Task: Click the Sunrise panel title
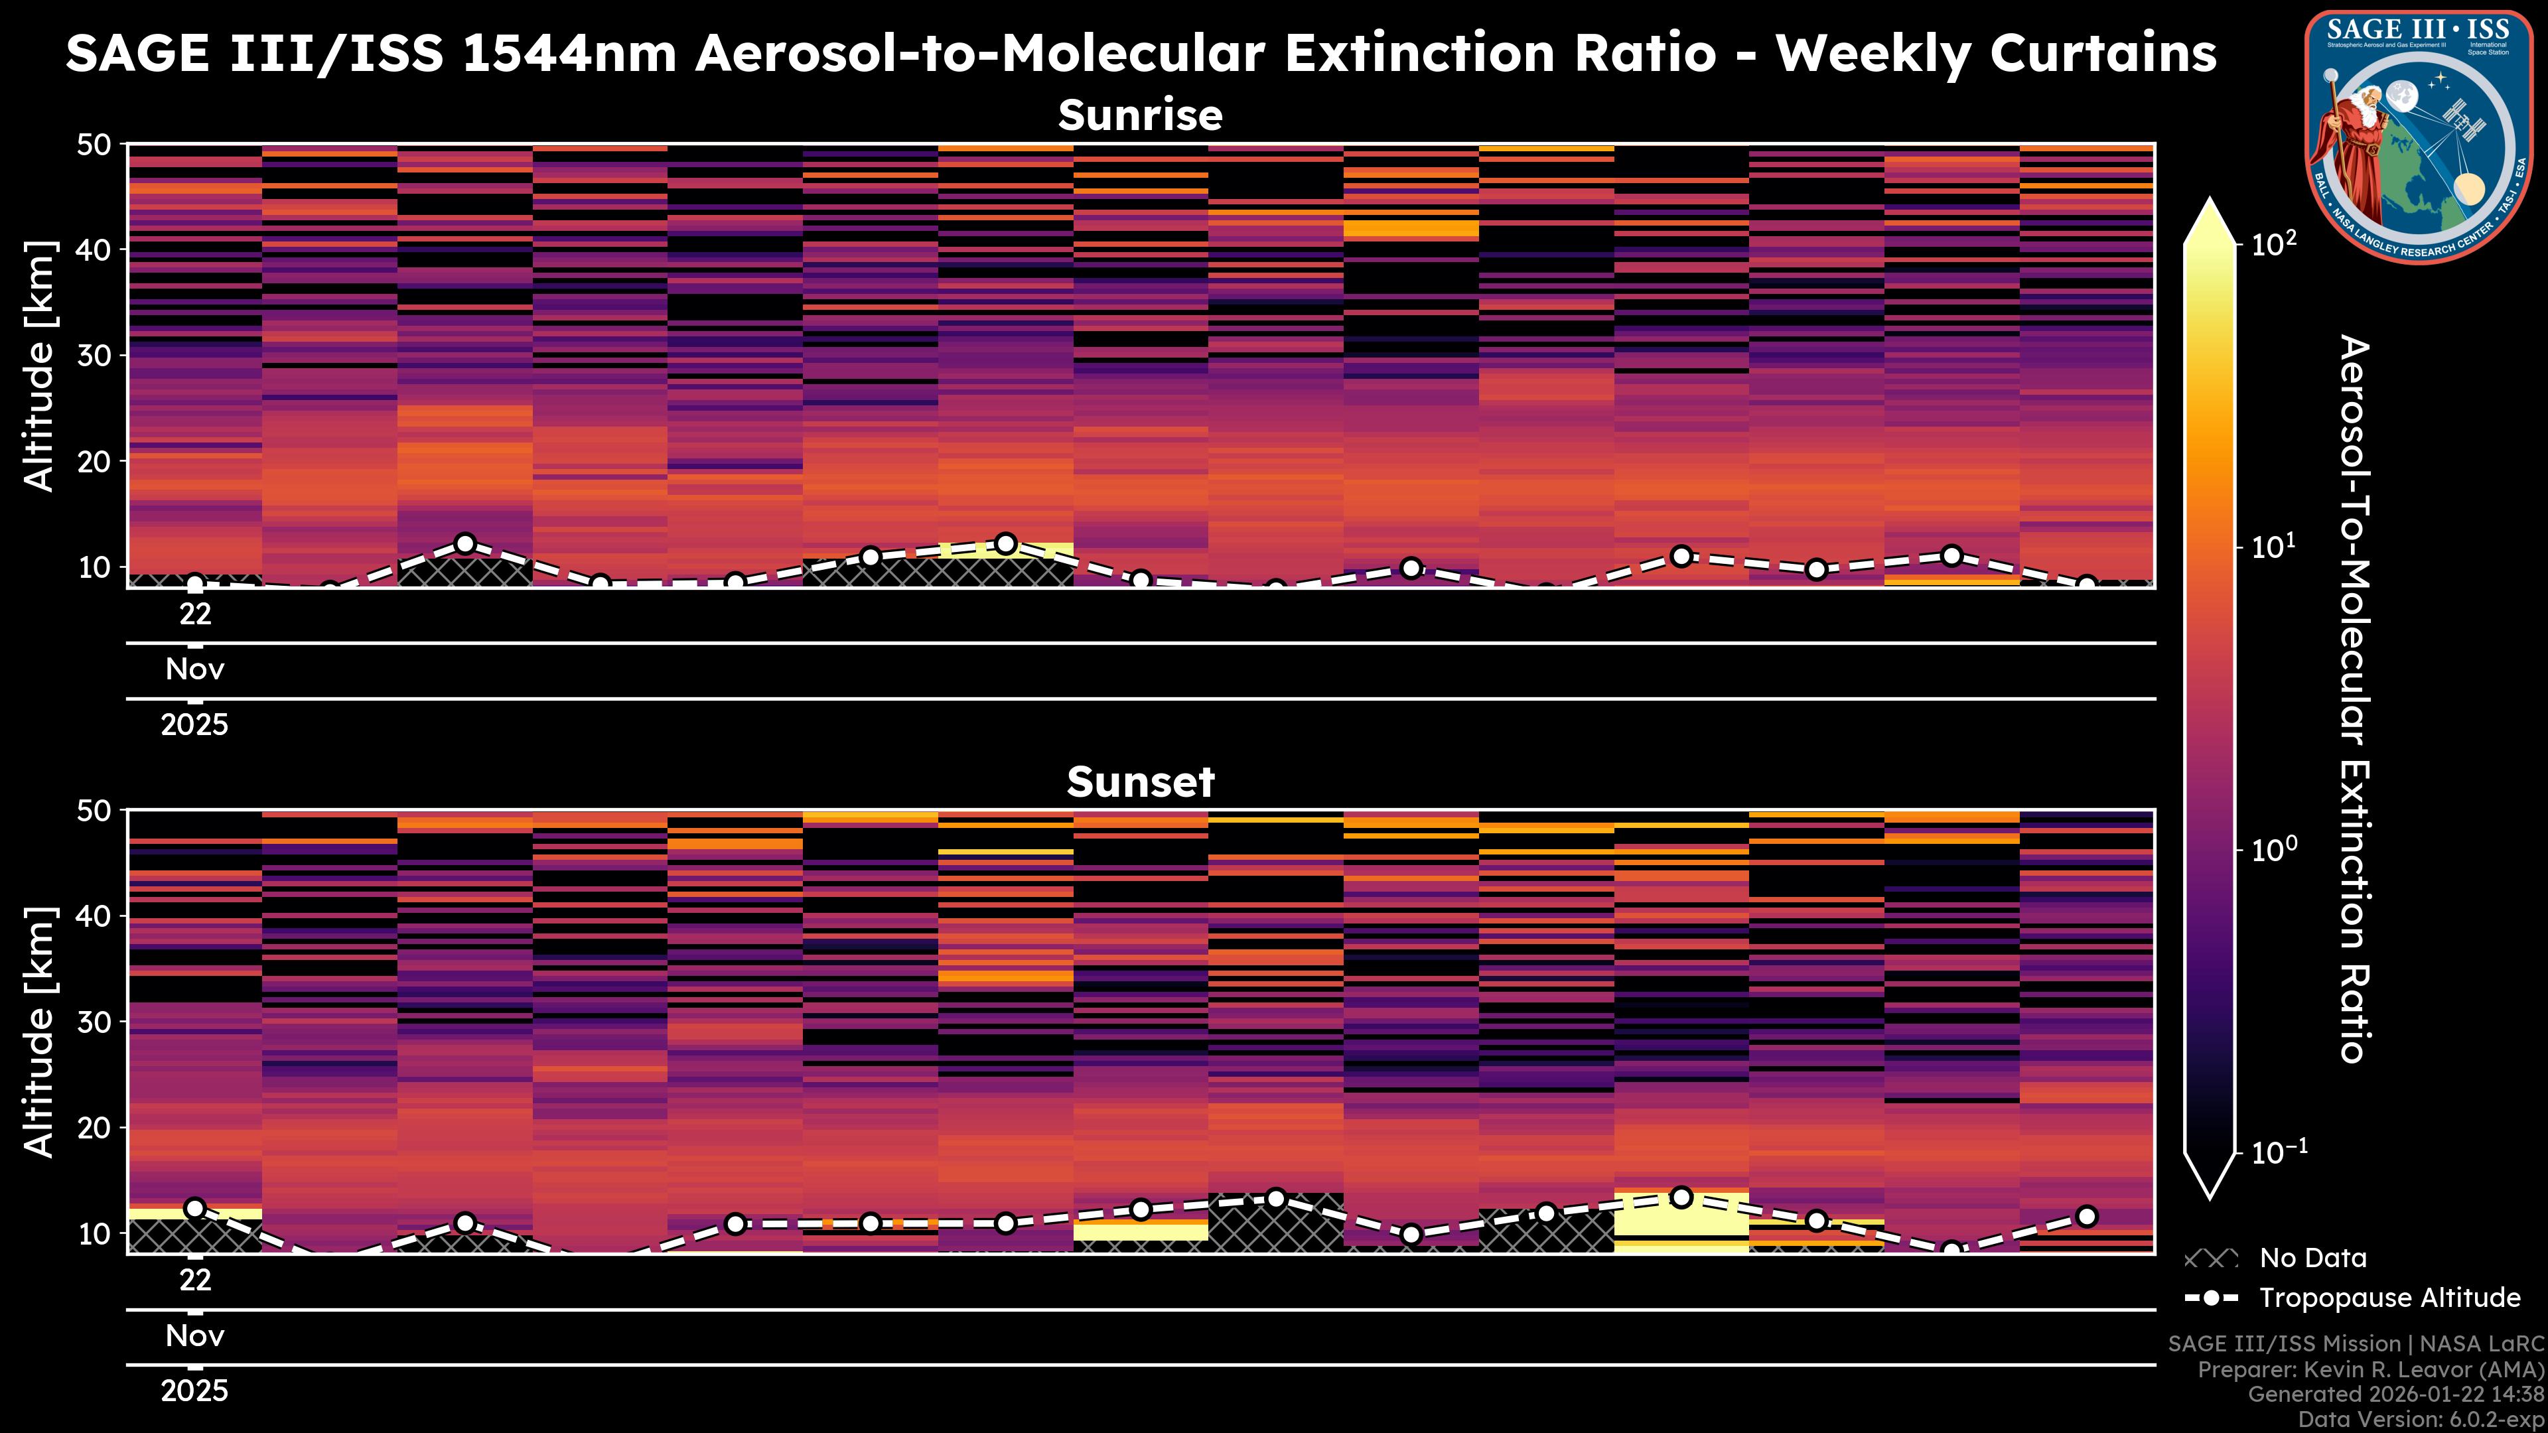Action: click(x=1141, y=115)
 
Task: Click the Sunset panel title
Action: click(x=1141, y=782)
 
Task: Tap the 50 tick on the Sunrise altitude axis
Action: click(x=97, y=145)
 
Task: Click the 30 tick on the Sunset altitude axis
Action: click(x=97, y=1022)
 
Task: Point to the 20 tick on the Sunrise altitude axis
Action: click(x=97, y=462)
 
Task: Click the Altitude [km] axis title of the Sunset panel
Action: click(x=40, y=1032)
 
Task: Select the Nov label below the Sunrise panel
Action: click(x=195, y=669)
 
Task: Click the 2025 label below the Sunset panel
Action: click(x=195, y=1391)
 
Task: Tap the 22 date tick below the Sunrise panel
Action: click(x=195, y=614)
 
